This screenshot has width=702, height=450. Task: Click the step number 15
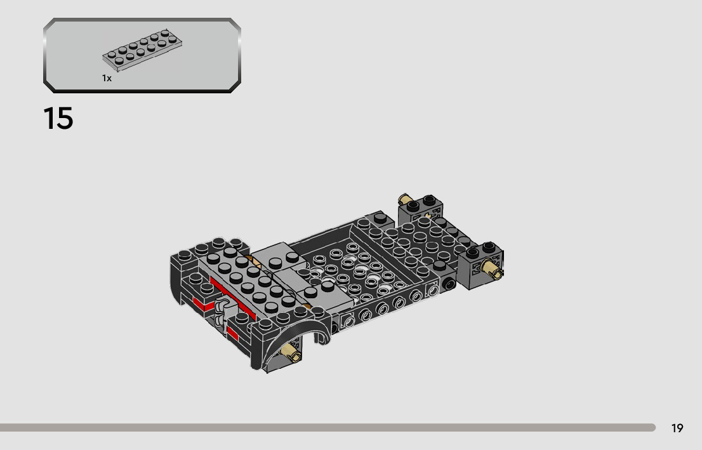[x=58, y=119]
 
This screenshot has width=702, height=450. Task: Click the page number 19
[x=677, y=428]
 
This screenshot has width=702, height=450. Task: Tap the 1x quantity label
[x=107, y=78]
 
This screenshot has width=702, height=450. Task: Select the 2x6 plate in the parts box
[x=142, y=50]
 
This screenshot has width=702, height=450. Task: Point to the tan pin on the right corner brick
[x=491, y=268]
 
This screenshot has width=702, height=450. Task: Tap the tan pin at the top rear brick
[x=405, y=199]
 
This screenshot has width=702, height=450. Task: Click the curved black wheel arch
[x=286, y=334]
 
